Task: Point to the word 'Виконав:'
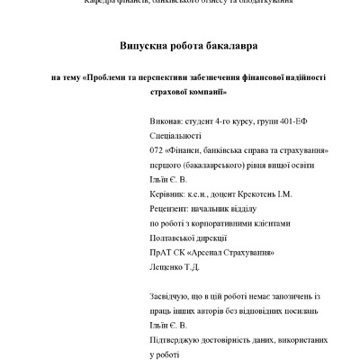pyautogui.click(x=164, y=120)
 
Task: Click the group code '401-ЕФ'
pyautogui.click(x=287, y=120)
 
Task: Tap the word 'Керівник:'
pyautogui.click(x=166, y=193)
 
